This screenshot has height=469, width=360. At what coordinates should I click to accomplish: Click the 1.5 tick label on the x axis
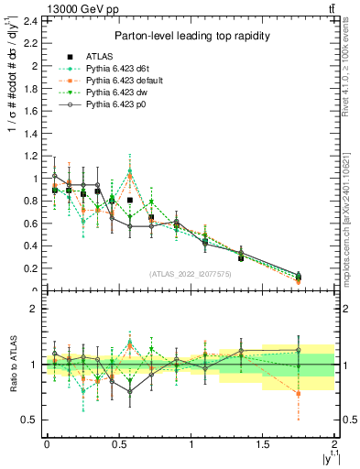coord(262,443)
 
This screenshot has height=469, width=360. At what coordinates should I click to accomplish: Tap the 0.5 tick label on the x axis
coord(118,443)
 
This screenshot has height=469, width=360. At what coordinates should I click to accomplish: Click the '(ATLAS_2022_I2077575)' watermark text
coord(191,273)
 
